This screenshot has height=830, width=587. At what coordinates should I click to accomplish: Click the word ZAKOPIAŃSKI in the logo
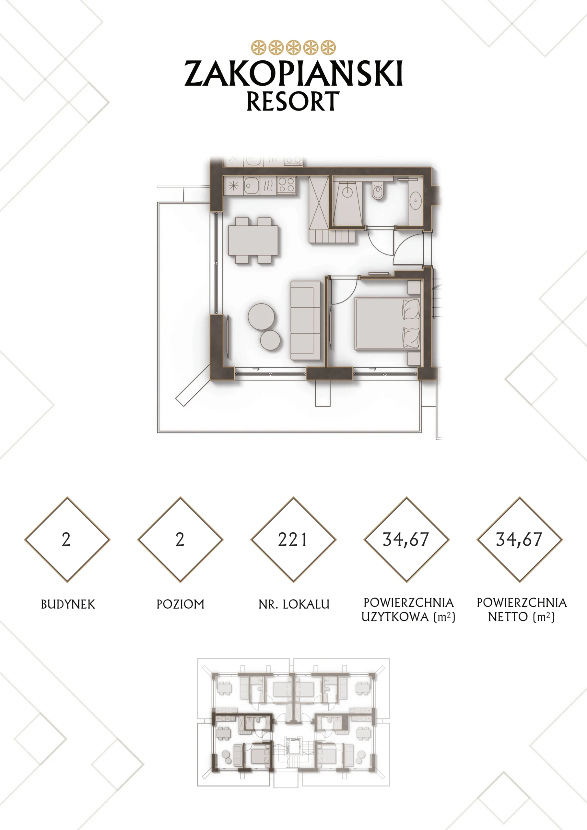(294, 73)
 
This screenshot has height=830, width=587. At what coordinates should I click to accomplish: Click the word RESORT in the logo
(293, 101)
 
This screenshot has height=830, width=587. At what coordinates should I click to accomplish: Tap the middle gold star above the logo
(294, 47)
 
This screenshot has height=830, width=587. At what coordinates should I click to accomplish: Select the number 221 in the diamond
(292, 540)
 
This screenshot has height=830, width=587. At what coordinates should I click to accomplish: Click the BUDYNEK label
(68, 604)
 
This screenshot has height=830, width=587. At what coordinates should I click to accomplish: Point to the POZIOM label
(180, 604)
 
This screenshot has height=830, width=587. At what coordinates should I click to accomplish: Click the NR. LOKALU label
(294, 604)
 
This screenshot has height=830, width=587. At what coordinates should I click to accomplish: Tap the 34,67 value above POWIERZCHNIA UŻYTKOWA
(406, 540)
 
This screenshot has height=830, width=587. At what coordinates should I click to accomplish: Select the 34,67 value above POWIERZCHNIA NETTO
(519, 540)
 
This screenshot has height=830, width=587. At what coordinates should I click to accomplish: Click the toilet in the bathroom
(378, 191)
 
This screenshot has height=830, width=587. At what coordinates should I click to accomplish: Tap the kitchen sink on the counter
(252, 186)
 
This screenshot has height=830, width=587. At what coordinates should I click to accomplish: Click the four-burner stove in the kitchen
(286, 185)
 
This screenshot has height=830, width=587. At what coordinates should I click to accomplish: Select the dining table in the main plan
(253, 240)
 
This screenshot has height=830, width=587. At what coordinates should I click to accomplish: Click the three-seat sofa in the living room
(305, 320)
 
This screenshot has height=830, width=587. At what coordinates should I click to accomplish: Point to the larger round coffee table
(261, 317)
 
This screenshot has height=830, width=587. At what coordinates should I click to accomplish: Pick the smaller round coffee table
(270, 340)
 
